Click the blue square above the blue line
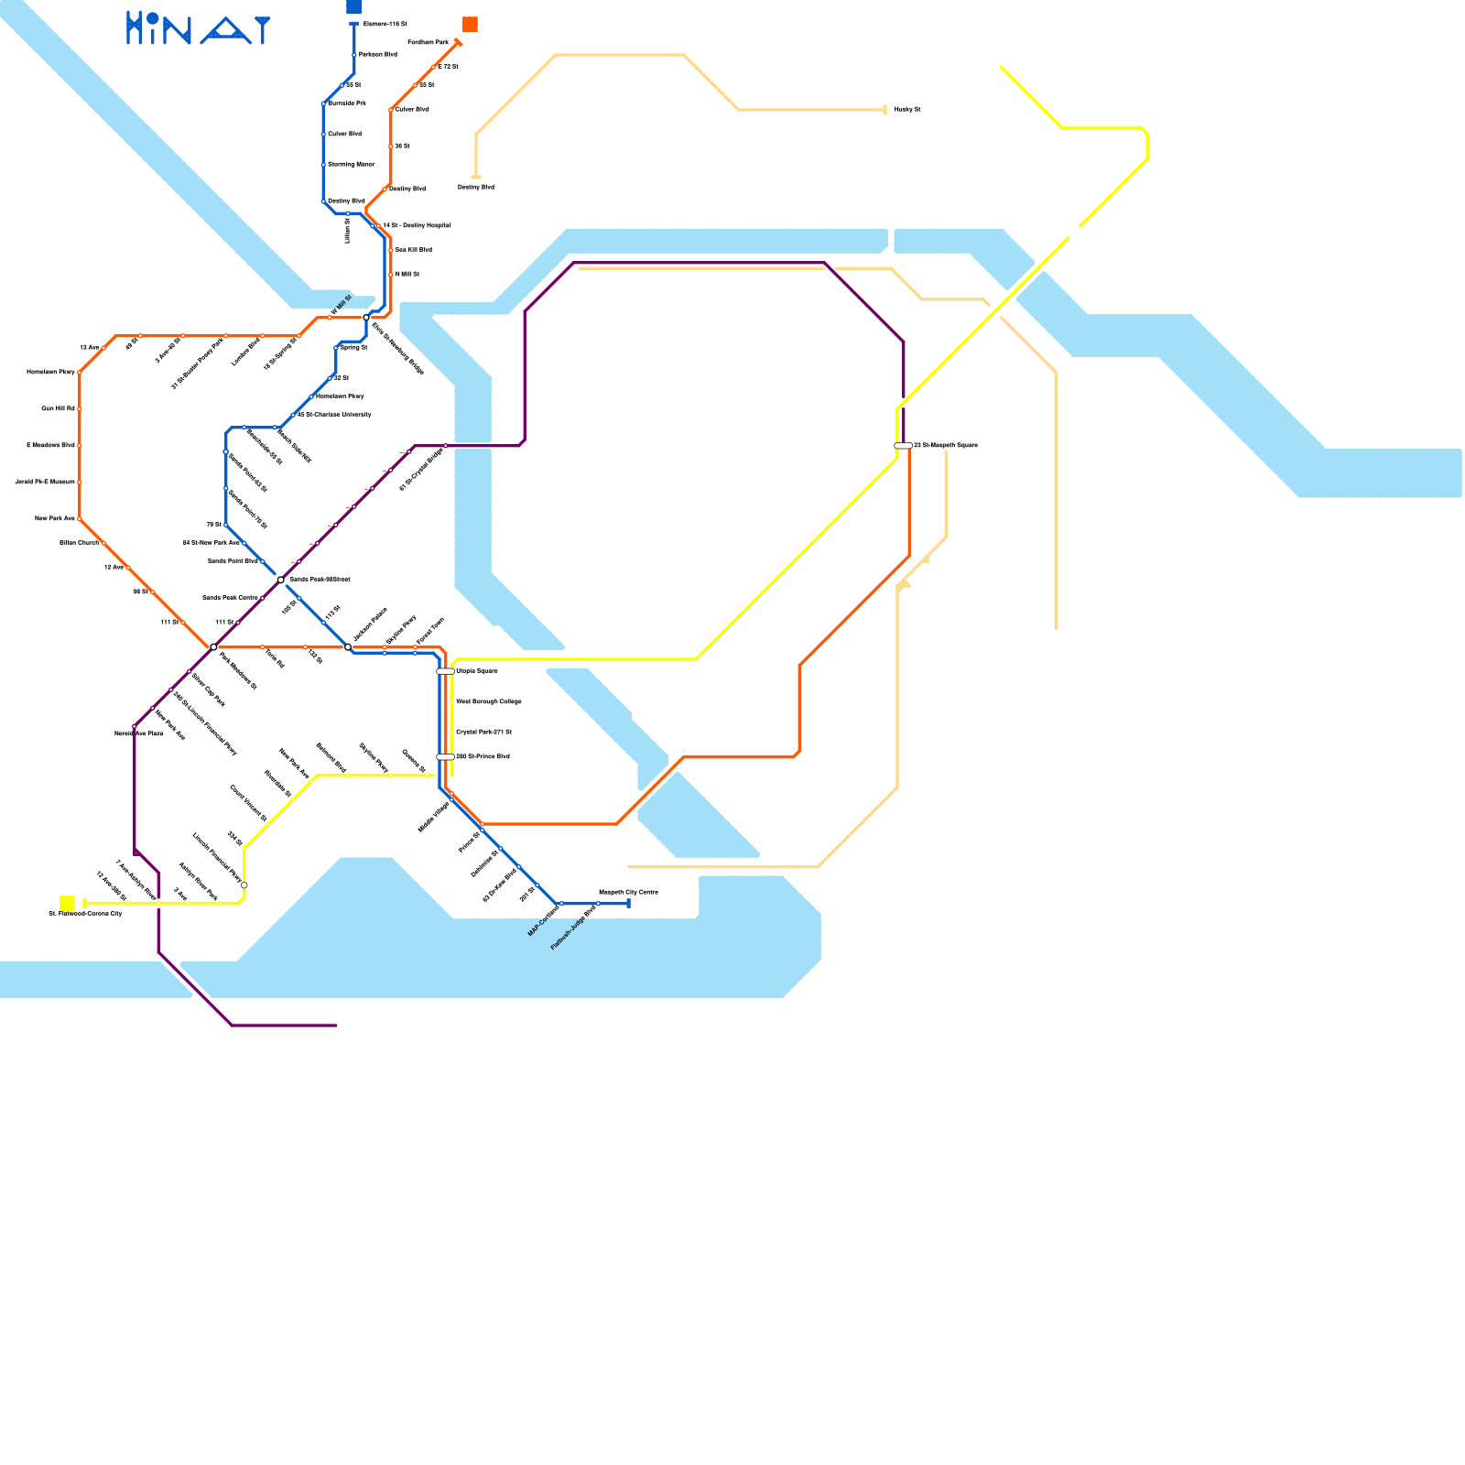(353, 6)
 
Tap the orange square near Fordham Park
(470, 25)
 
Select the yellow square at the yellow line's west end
(67, 903)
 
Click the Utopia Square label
(477, 671)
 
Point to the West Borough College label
(489, 701)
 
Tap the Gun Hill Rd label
(58, 408)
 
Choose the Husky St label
(907, 110)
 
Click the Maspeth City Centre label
(628, 892)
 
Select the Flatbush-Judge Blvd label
(573, 928)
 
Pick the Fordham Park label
(428, 43)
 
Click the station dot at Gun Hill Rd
(80, 408)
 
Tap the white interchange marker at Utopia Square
(445, 671)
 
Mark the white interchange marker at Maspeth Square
(903, 446)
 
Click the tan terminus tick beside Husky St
(885, 110)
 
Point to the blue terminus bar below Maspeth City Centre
(629, 904)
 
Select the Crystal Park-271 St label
(483, 732)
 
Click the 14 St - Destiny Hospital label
(416, 225)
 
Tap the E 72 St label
(448, 67)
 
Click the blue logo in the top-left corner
(198, 28)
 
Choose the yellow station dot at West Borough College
(450, 702)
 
